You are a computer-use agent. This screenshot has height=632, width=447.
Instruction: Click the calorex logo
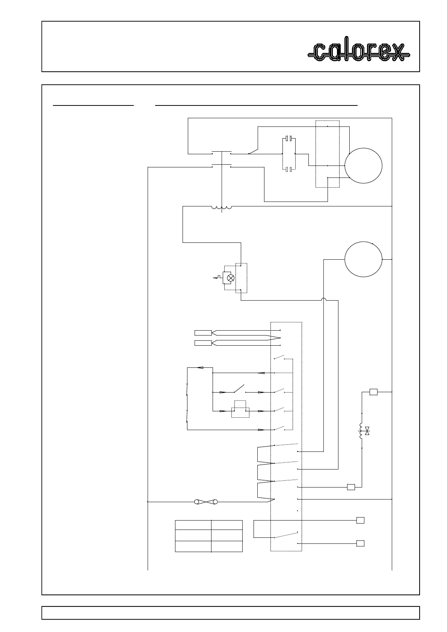pyautogui.click(x=358, y=52)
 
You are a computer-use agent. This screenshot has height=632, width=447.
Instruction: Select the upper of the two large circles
pyautogui.click(x=363, y=166)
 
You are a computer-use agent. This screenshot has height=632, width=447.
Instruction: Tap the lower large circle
pyautogui.click(x=363, y=259)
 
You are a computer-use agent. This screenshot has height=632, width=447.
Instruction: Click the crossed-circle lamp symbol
pyautogui.click(x=231, y=278)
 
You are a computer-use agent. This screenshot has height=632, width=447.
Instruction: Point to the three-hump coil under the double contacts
pyautogui.click(x=222, y=208)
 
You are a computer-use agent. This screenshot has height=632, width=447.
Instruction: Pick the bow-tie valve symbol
pyautogui.click(x=367, y=431)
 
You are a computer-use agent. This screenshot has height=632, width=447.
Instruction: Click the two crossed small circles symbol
pyautogui.click(x=206, y=502)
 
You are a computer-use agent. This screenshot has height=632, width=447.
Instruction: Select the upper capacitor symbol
pyautogui.click(x=288, y=138)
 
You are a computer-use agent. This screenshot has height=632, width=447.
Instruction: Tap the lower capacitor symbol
pyautogui.click(x=288, y=170)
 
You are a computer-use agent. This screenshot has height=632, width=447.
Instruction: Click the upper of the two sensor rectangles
pyautogui.click(x=203, y=333)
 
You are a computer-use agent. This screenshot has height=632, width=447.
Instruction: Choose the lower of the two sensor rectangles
pyautogui.click(x=203, y=343)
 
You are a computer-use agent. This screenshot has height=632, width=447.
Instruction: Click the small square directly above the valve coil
pyautogui.click(x=373, y=392)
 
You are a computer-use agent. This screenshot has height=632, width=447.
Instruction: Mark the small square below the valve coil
pyautogui.click(x=351, y=487)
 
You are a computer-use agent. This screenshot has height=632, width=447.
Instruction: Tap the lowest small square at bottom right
pyautogui.click(x=360, y=543)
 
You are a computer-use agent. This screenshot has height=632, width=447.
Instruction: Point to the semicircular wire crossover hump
pyautogui.click(x=323, y=299)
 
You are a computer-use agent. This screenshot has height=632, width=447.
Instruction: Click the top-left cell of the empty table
pyautogui.click(x=193, y=525)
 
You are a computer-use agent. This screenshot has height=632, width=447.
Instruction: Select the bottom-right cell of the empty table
pyautogui.click(x=227, y=546)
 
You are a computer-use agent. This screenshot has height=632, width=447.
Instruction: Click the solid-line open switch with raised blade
pyautogui.click(x=239, y=389)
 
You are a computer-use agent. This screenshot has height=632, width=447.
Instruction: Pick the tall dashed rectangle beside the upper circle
pyautogui.click(x=328, y=154)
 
